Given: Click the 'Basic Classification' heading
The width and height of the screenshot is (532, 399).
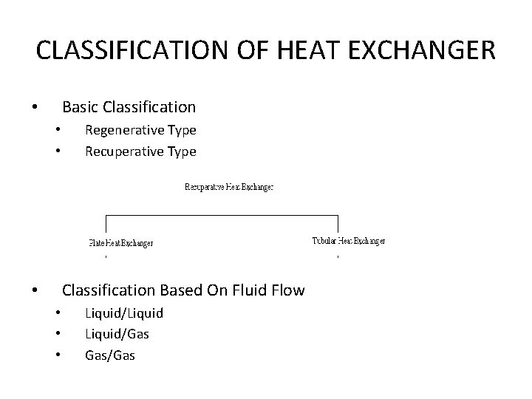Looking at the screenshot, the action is click(129, 107).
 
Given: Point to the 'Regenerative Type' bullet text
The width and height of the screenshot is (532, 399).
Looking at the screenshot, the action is click(140, 130).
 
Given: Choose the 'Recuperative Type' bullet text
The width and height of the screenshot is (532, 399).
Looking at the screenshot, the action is click(140, 151).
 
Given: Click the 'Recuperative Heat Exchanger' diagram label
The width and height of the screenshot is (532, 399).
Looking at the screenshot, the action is click(228, 188).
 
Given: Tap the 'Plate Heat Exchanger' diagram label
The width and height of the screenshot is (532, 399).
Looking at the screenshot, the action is click(120, 243).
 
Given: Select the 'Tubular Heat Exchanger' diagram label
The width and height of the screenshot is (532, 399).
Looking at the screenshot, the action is click(348, 241).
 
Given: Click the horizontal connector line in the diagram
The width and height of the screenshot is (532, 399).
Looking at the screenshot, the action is click(222, 216).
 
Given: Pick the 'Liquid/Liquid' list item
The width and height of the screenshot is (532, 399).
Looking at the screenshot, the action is click(124, 313).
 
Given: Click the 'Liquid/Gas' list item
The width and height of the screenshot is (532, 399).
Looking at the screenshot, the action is click(117, 334).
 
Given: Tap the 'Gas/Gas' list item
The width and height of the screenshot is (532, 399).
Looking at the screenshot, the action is click(110, 355).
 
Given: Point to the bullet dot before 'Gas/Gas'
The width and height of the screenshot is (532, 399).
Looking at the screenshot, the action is click(58, 356).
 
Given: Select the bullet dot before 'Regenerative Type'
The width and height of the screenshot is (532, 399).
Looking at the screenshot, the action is click(58, 131).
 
